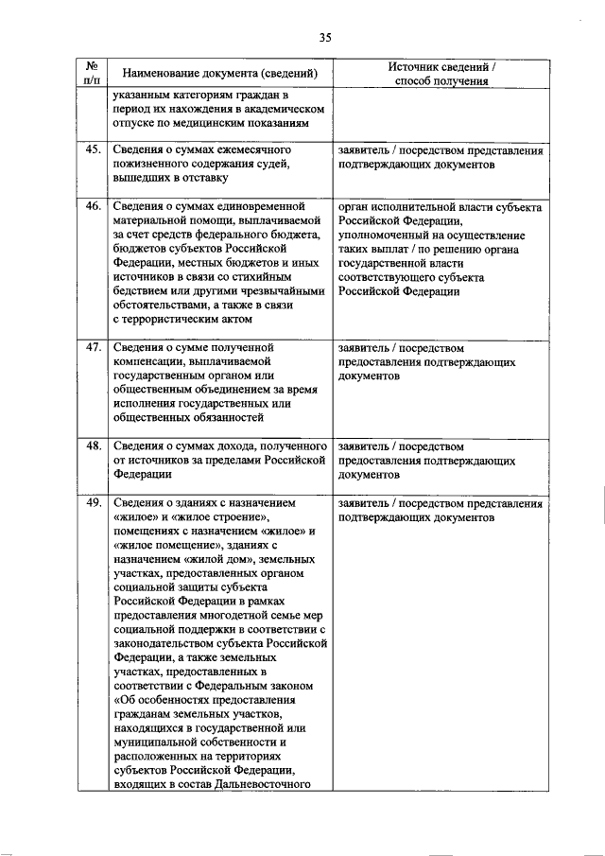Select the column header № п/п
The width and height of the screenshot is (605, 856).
pos(93,73)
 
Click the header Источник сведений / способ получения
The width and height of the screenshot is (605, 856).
pos(441,74)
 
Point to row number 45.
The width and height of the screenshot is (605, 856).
pos(93,150)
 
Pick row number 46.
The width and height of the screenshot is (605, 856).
pos(93,205)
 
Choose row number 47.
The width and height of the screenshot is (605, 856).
pos(93,347)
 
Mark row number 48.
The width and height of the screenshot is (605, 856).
pos(93,445)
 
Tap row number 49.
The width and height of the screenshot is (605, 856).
pos(93,503)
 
